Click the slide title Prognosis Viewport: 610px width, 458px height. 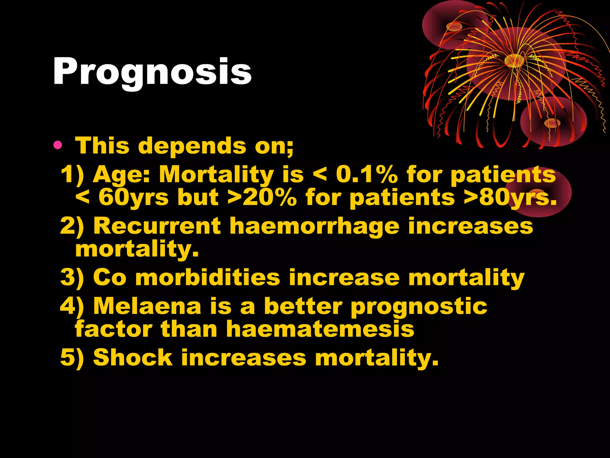coord(152,72)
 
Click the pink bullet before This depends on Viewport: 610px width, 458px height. coord(58,146)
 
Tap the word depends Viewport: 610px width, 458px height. coord(192,146)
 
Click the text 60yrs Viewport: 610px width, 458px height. coord(133,197)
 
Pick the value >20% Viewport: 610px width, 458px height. coord(262,197)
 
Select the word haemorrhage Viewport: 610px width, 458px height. coord(314,226)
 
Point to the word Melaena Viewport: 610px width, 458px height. coord(147,306)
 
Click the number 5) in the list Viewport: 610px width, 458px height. coord(72,358)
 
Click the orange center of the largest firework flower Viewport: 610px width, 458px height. coord(514,60)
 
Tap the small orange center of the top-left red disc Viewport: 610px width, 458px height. coord(454,27)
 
